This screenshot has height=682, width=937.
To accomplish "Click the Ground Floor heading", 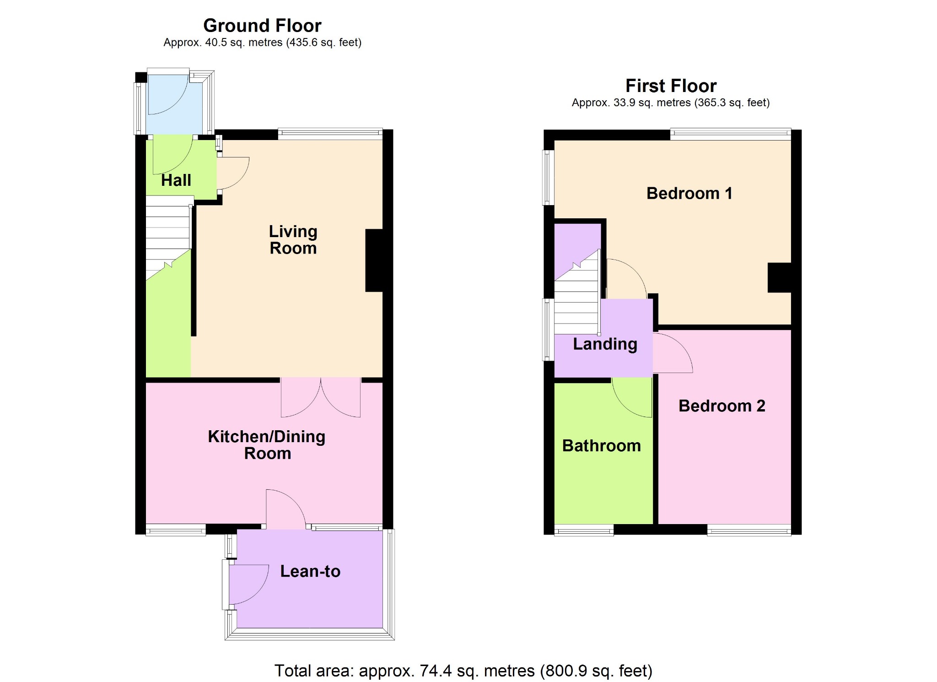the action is point(262,25).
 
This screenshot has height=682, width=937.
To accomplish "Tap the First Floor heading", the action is point(671,86).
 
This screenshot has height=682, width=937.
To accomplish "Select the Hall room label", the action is point(176,180).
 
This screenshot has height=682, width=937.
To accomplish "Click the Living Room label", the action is point(293,239).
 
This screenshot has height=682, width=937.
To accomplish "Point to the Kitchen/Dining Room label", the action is point(267,444).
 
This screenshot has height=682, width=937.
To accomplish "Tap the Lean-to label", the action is point(310,571).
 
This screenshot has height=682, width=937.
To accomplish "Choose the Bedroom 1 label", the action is point(689,193).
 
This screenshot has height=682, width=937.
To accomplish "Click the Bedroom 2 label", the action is point(722,406).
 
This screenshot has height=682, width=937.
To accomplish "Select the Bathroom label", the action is point(602,445).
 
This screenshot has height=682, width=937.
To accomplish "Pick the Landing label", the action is point(605,344).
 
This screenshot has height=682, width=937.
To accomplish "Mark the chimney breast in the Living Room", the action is point(374,260).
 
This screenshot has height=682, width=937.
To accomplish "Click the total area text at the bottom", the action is point(463,671).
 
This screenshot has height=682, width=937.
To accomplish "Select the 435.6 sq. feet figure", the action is point(324,43).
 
